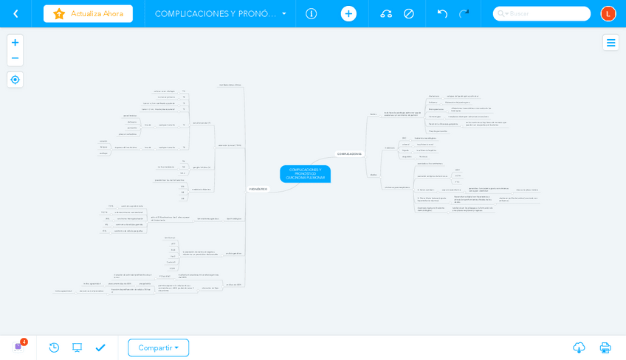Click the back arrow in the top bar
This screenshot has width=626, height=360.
click(16, 13)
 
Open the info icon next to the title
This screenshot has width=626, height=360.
click(311, 13)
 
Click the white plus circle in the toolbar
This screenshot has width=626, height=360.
click(348, 13)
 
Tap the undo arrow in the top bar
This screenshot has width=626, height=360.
click(442, 13)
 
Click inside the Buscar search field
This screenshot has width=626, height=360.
click(546, 13)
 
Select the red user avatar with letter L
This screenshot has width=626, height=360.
click(608, 13)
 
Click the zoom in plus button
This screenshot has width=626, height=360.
click(15, 43)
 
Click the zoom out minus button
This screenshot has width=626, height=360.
click(15, 58)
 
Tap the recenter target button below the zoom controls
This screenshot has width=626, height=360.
click(15, 80)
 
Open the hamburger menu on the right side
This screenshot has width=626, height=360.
click(610, 43)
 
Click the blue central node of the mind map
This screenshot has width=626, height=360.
click(305, 174)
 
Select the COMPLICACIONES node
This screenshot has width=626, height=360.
click(349, 153)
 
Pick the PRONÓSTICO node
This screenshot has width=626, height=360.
click(258, 189)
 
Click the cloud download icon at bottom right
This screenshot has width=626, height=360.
click(579, 347)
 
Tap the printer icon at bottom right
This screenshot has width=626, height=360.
click(605, 347)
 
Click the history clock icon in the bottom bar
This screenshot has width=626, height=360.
click(54, 347)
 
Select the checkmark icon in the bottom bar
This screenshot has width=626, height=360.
click(100, 347)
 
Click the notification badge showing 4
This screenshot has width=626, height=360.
click(24, 342)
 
